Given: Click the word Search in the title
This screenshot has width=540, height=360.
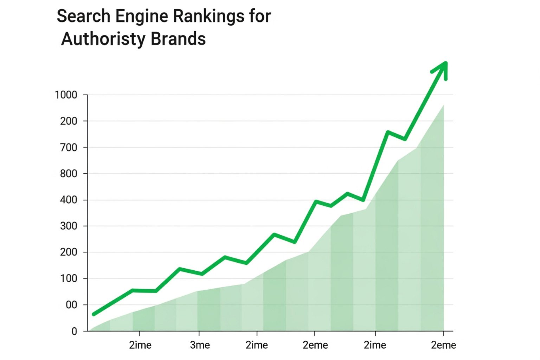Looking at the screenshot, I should tap(83, 16).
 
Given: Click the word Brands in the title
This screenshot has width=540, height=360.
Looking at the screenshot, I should tap(178, 39).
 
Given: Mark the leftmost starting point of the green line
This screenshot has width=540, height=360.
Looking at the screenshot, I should tap(94, 314).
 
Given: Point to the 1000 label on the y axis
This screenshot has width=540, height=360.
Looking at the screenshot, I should tap(66, 95).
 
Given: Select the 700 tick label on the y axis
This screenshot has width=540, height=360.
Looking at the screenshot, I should tap(69, 148).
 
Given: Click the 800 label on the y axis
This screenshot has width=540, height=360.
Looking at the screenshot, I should tap(69, 174).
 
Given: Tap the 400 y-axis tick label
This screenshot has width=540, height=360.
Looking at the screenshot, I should tap(69, 200).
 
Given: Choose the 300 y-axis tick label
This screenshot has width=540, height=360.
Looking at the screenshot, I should tap(69, 226).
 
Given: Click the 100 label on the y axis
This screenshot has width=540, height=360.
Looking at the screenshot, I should tap(69, 278).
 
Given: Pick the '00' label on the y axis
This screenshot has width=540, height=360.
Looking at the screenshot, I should tap(71, 305).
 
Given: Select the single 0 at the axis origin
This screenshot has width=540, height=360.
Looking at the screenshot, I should tap(74, 331).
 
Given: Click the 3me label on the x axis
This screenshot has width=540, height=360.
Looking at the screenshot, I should tap(200, 345).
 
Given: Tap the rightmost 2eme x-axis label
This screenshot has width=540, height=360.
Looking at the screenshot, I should tap(443, 345).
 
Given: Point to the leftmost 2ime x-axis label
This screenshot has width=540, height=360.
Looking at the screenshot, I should tap(140, 345).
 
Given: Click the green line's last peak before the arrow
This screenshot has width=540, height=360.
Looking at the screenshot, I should tap(387, 132).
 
